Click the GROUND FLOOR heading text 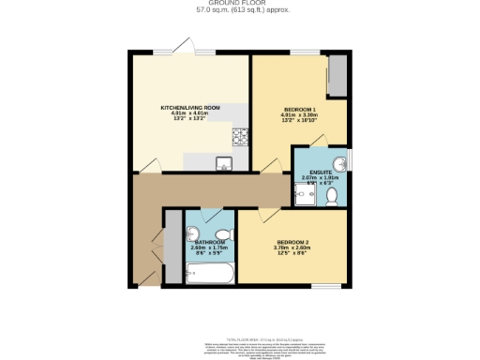click(x=240, y=4)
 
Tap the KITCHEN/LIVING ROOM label click(x=190, y=109)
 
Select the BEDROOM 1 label click(x=300, y=110)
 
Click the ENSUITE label click(x=321, y=171)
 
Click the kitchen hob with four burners click(x=239, y=137)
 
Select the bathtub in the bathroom click(x=210, y=275)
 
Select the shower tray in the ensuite click(x=306, y=194)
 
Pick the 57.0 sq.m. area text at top click(x=240, y=11)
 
